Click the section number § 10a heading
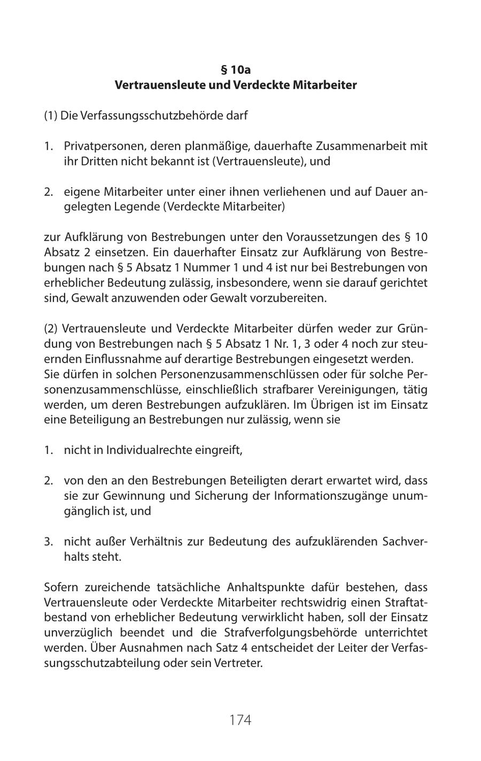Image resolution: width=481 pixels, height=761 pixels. point(236,70)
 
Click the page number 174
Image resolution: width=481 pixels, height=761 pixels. point(240,720)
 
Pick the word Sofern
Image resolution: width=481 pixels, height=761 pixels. point(60,587)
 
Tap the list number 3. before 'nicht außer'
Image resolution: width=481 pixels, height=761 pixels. point(49,542)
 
